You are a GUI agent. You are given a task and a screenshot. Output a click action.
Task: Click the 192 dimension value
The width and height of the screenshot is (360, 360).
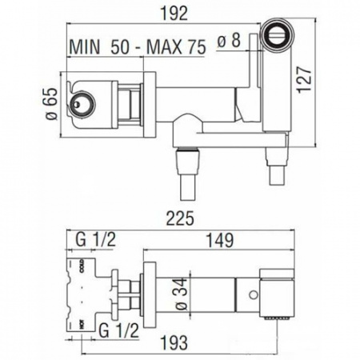click(x=176, y=14)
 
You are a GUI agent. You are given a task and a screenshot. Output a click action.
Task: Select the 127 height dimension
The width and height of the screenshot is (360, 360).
click(x=304, y=80)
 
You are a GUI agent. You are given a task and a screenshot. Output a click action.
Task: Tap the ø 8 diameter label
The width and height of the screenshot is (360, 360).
click(x=229, y=40)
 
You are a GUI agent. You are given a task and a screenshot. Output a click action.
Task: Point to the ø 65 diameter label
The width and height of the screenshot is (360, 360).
click(x=51, y=103)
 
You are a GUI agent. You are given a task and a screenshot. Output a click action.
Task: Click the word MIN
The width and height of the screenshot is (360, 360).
click(x=85, y=47)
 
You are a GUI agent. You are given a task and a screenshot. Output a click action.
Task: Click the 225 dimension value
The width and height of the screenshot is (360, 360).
click(x=180, y=218)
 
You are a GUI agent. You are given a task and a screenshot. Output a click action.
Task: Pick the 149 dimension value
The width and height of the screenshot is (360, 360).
click(x=221, y=240)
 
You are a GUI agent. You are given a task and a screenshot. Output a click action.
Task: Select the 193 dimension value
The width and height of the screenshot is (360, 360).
click(x=174, y=342)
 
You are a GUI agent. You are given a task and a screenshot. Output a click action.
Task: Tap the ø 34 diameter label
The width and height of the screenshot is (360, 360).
click(x=182, y=294)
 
